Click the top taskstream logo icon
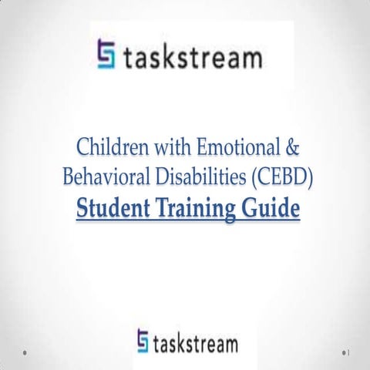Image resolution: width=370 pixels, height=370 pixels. pyautogui.click(x=108, y=54)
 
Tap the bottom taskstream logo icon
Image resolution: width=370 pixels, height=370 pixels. pyautogui.click(x=143, y=340)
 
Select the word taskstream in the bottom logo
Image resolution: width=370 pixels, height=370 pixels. pyautogui.click(x=197, y=341)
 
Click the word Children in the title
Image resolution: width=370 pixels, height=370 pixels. pyautogui.click(x=109, y=146)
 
